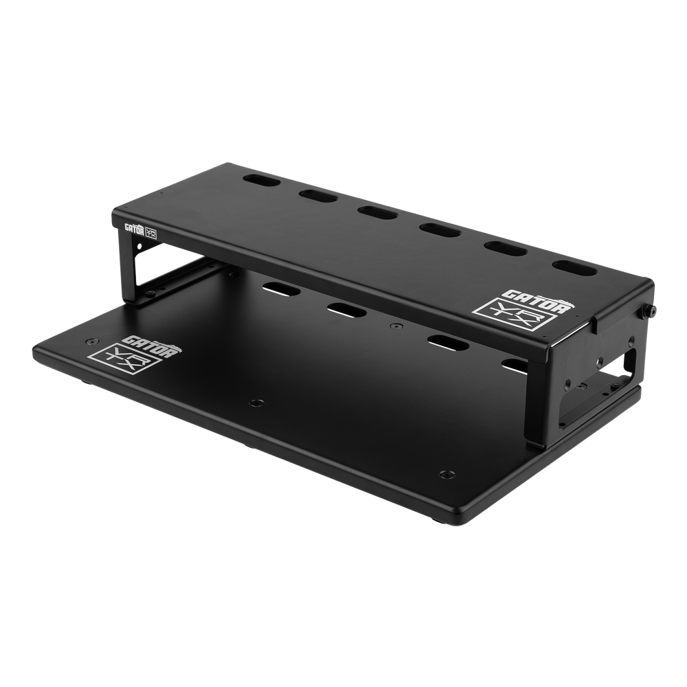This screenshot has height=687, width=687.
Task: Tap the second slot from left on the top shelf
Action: point(318,195)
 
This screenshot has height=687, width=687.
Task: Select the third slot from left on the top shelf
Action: point(377,212)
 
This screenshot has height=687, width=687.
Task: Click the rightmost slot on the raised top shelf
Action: point(574,268)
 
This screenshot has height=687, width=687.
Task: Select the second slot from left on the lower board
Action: point(346,310)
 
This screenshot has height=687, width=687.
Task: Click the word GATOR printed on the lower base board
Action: point(151,344)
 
